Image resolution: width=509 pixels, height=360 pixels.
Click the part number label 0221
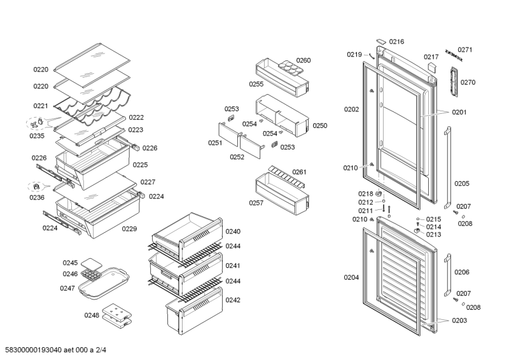coord(41,106)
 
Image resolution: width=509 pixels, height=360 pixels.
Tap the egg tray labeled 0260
coord(287,66)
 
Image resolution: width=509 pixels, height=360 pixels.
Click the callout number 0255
coord(256,83)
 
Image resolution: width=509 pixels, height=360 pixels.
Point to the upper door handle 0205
coord(448,167)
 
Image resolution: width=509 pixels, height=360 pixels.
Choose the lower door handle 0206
coord(448,273)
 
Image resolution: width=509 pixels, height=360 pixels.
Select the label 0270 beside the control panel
coord(468,82)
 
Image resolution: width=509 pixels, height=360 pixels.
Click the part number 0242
coord(233,300)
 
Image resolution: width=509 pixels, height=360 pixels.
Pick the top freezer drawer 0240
coord(188,232)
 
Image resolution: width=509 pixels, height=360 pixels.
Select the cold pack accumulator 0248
coord(118,313)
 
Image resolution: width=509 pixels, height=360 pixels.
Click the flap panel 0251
coord(226,135)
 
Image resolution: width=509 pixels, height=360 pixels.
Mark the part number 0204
coord(351,277)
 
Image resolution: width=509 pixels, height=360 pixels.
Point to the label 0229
coord(129,228)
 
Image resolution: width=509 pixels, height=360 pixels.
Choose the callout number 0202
coord(351,109)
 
